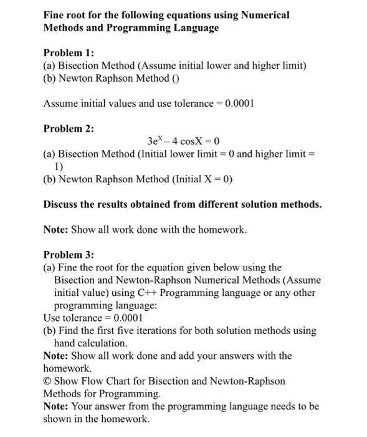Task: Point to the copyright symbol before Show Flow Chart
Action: coord(48,381)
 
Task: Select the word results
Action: coord(120,204)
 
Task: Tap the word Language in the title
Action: coord(194,28)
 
